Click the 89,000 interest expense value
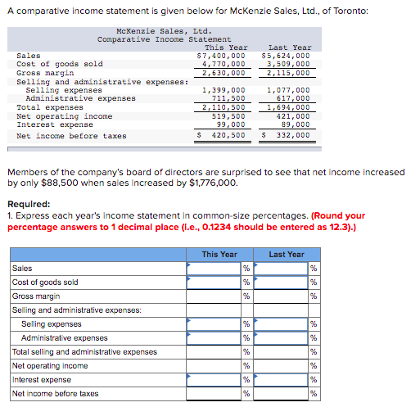tap(295, 124)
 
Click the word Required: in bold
tap(29, 205)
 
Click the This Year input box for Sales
tap(213, 268)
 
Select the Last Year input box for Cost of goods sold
tap(280, 283)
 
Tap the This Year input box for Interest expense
tap(213, 380)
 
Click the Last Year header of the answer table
tap(286, 255)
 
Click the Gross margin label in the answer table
tap(36, 296)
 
